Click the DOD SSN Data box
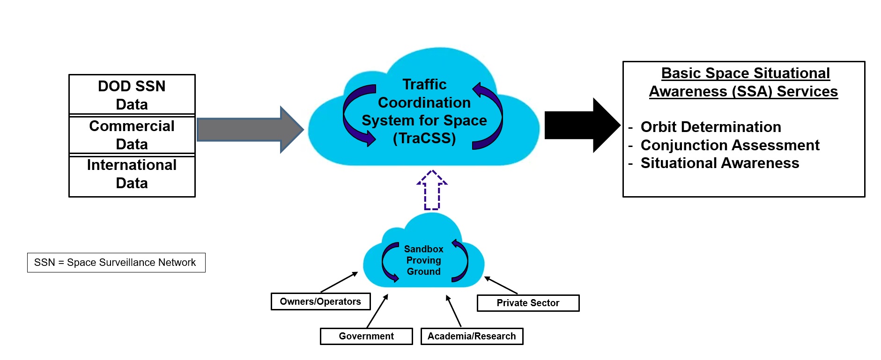tap(132, 95)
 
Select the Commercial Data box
tap(132, 135)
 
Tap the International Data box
tap(132, 174)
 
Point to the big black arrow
tap(581, 125)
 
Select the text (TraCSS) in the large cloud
tap(424, 139)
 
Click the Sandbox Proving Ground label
tap(423, 260)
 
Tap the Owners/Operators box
tap(320, 301)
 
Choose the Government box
tap(366, 336)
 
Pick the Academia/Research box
tap(472, 336)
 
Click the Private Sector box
tap(528, 303)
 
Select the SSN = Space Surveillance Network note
tap(116, 263)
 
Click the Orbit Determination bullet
tap(711, 127)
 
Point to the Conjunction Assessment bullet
tap(730, 145)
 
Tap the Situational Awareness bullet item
tap(719, 163)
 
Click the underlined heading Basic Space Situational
tap(745, 73)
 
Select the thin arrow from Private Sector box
tap(501, 285)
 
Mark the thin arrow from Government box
tap(377, 311)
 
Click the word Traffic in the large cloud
tap(424, 84)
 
